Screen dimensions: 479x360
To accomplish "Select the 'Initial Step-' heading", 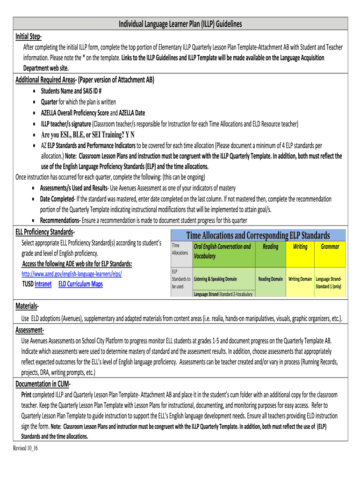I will (x=29, y=36).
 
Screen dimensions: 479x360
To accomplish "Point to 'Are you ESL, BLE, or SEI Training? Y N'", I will (x=88, y=135).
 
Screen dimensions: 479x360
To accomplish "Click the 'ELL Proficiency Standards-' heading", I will (x=45, y=232).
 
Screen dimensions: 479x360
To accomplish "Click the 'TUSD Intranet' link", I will (x=37, y=284).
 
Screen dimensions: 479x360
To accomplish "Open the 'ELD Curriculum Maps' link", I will (x=80, y=284).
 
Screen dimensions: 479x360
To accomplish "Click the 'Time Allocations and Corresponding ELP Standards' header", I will (x=258, y=235).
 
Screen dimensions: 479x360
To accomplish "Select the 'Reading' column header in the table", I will (x=271, y=247).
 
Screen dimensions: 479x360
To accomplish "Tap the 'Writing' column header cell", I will (x=300, y=247).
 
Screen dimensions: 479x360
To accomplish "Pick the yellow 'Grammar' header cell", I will (x=330, y=247).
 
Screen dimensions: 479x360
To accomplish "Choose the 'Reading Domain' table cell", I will (x=271, y=279).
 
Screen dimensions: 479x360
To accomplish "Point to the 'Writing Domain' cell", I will (x=300, y=279).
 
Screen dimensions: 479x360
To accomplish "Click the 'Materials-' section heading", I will (x=27, y=306).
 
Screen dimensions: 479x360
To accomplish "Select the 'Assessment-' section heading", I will (x=30, y=331).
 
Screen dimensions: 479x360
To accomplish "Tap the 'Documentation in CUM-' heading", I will (x=43, y=384).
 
